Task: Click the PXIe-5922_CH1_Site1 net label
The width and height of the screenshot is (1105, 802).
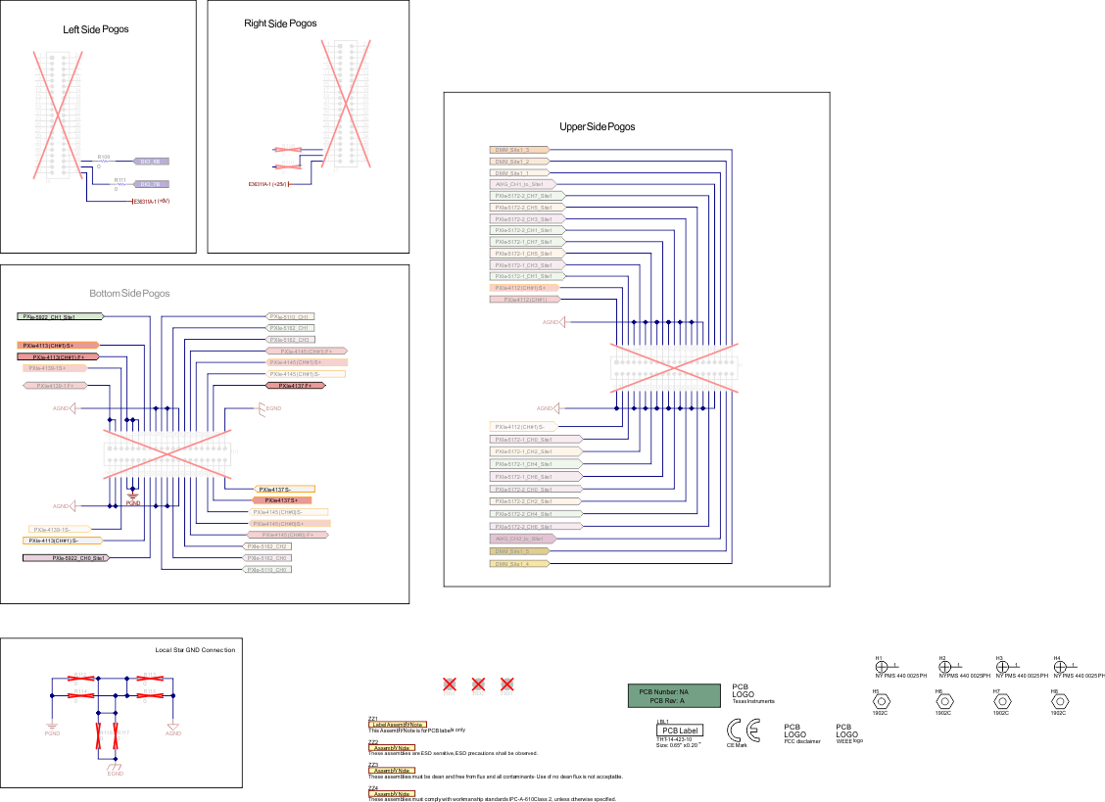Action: click(60, 317)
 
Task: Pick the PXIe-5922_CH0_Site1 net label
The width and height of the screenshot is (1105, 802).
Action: click(65, 557)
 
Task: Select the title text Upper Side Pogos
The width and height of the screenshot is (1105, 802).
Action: click(597, 127)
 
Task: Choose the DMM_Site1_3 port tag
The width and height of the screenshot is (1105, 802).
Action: click(518, 150)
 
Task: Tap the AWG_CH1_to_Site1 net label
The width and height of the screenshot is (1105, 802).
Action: click(522, 183)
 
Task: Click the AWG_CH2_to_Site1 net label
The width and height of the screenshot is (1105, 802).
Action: click(522, 539)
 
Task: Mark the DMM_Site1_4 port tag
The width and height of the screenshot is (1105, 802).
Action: click(518, 563)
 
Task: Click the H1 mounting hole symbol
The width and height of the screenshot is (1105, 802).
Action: click(881, 666)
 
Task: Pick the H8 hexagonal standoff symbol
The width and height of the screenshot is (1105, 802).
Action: click(1058, 702)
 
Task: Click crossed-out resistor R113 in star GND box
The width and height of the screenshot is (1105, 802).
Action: click(81, 677)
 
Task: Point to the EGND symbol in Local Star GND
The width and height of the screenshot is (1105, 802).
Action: click(115, 766)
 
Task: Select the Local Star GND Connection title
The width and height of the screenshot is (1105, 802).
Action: click(195, 650)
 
